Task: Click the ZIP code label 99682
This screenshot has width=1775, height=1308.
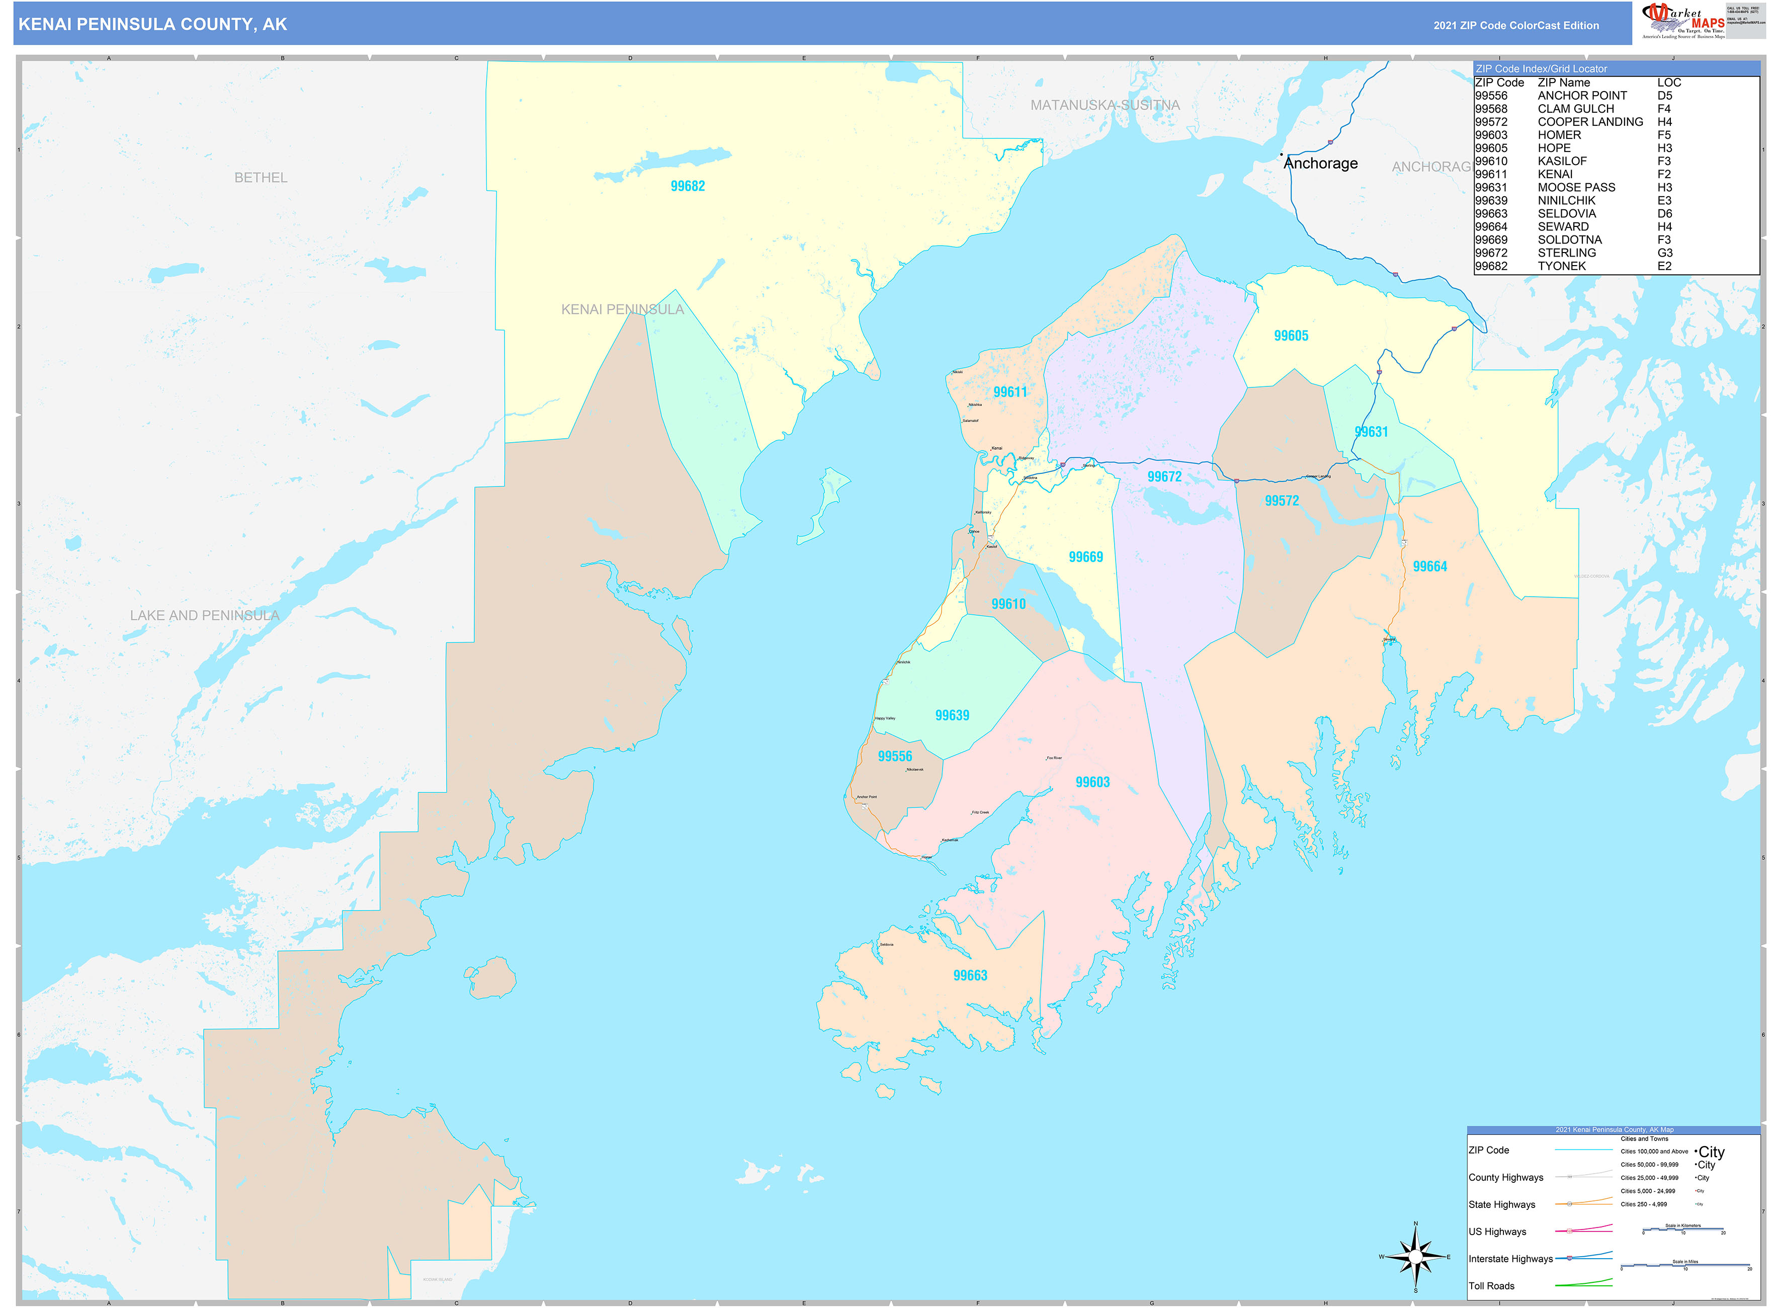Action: [687, 186]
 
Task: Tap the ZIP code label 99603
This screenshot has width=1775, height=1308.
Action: [1092, 782]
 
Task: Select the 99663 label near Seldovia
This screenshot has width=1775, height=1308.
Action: [970, 975]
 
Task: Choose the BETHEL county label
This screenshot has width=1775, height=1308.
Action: [261, 178]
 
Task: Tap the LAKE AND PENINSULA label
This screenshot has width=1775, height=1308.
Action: [204, 615]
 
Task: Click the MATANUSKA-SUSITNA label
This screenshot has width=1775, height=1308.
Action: [1105, 105]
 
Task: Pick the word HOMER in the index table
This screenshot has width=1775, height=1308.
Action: [1559, 135]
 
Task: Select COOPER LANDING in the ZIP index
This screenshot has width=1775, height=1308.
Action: [1590, 122]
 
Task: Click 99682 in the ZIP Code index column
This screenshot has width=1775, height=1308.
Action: [1491, 266]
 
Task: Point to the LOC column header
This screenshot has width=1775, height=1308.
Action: [1669, 83]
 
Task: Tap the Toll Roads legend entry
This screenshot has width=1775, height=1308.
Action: [1491, 1286]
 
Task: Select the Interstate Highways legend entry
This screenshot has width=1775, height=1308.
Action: [1510, 1259]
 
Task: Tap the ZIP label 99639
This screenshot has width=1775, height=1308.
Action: [952, 715]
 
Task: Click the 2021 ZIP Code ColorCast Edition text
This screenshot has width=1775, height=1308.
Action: [1515, 25]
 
